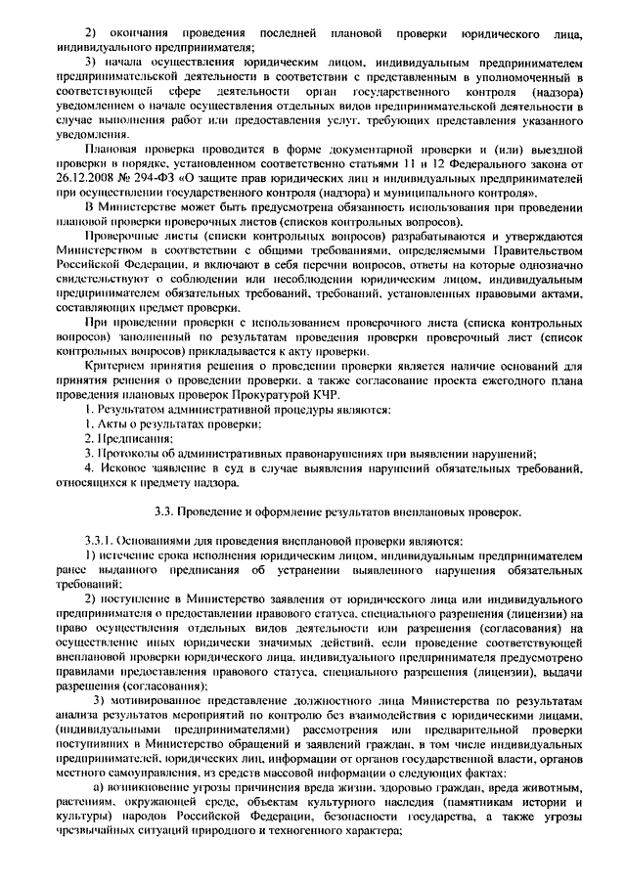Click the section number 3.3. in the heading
coord(166,511)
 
